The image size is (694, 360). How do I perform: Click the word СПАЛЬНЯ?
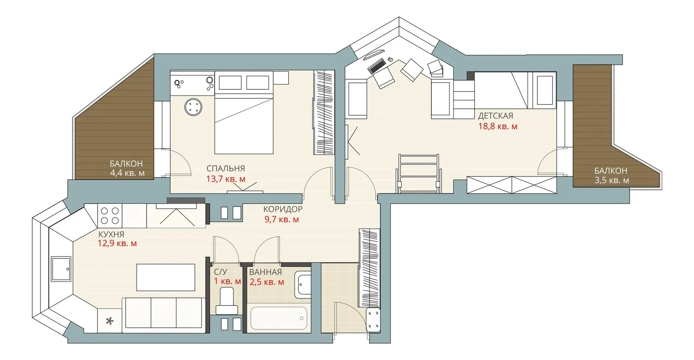coord(226,169)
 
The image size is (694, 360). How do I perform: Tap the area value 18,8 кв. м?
coord(498,126)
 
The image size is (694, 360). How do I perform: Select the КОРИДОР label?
coord(282,209)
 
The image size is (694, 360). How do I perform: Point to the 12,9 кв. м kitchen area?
coord(117,243)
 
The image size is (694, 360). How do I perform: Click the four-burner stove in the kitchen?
coord(110,216)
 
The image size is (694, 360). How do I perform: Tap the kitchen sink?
coord(61,269)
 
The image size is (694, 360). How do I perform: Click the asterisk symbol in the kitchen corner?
coord(109,321)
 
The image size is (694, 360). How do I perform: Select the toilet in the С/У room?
coord(227,301)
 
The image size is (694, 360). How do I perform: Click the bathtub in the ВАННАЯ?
coord(279,318)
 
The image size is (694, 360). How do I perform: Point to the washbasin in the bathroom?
coord(303,285)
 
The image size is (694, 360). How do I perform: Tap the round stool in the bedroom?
coord(193,107)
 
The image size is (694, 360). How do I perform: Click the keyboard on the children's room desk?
coord(376,65)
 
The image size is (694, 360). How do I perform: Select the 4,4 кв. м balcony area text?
coord(128,173)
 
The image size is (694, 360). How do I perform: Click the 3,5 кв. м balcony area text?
coord(612,180)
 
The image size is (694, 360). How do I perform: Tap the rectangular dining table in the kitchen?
coord(166,277)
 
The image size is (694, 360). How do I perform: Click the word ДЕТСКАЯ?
coord(495,116)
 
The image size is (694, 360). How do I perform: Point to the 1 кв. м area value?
coord(227,281)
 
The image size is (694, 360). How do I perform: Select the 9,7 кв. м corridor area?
coord(282,219)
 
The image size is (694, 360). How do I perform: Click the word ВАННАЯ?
coord(265,272)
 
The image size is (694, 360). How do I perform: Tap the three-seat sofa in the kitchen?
coord(164,315)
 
